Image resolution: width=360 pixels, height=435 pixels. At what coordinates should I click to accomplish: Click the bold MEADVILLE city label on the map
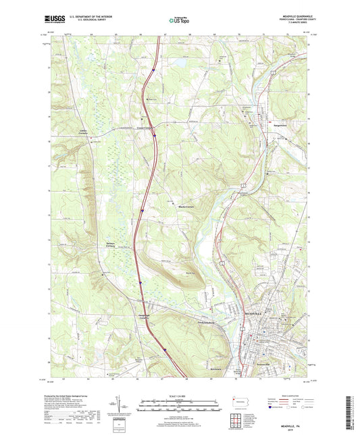(x=255, y=313)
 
